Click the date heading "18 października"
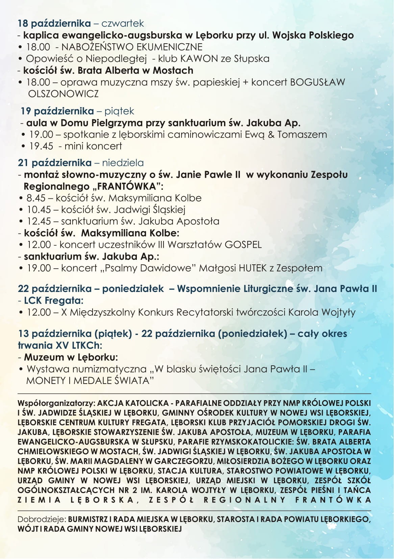(x=54, y=23)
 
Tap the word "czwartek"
(x=122, y=23)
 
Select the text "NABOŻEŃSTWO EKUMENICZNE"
(x=132, y=47)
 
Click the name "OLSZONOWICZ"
(x=64, y=94)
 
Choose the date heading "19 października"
(x=57, y=111)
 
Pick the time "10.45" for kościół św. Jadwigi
(x=39, y=210)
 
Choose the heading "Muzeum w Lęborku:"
(x=71, y=357)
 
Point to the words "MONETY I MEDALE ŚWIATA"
(x=88, y=381)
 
